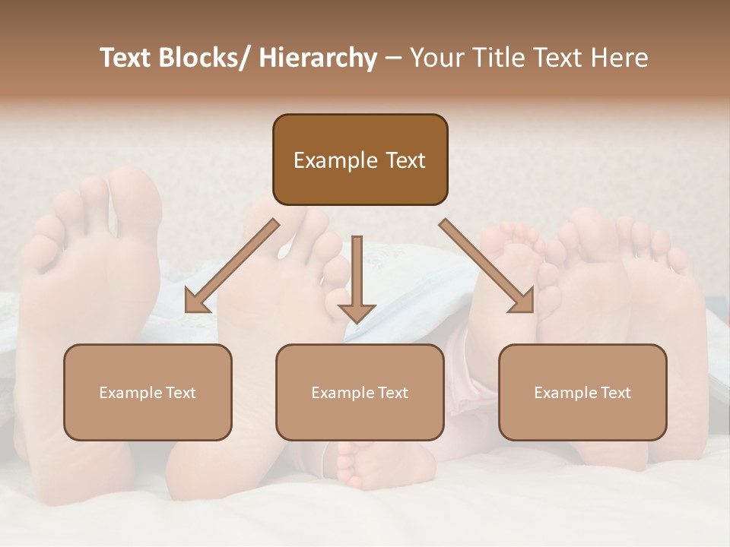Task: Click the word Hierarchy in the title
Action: coord(318,58)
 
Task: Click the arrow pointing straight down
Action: coord(357,281)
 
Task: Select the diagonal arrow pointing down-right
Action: coord(487,266)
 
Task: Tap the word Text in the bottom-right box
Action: coord(614,393)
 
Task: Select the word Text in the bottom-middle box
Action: coord(392,393)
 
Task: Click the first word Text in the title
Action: coord(129,58)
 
